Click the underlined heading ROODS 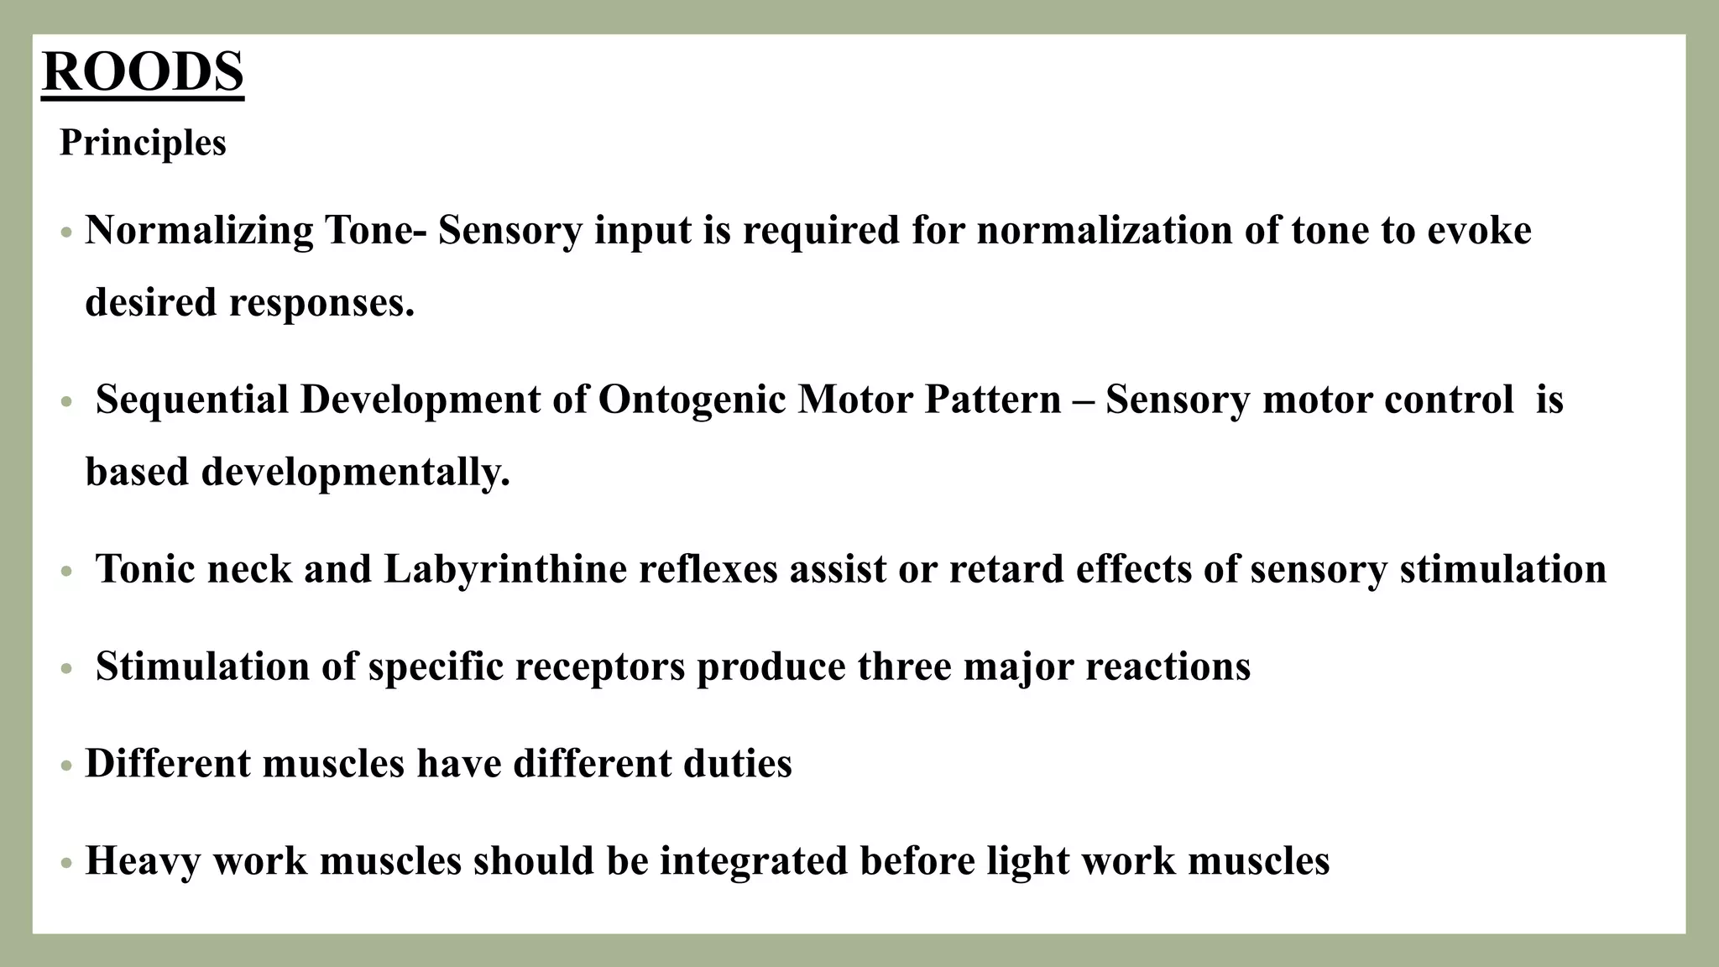tap(143, 72)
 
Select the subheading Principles tap(143, 143)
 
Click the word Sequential tap(192, 400)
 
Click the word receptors tap(600, 666)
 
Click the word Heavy tap(143, 861)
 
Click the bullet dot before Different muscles tap(67, 766)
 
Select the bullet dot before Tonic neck tap(67, 572)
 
